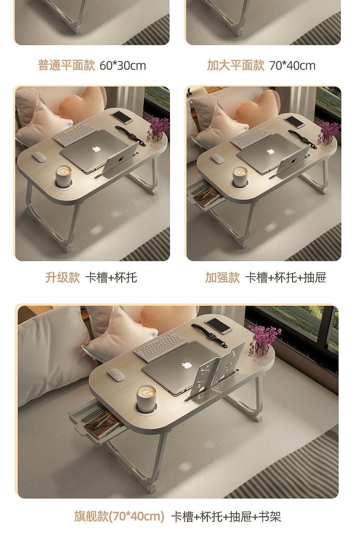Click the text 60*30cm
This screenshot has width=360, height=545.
tap(123, 65)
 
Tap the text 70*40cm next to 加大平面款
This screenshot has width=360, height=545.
tap(292, 65)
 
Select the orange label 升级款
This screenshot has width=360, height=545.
tap(62, 278)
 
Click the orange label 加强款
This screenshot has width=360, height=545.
tap(222, 278)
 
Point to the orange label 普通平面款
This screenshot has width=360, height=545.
tap(67, 65)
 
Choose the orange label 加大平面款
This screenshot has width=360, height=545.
tap(236, 65)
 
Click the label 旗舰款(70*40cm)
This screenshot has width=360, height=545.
tap(119, 516)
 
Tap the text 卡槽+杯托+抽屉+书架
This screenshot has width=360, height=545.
tap(226, 516)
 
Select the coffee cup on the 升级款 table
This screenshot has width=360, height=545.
tap(64, 176)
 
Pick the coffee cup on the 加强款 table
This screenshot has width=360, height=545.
tap(240, 177)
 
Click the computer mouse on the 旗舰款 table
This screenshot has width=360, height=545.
tap(116, 375)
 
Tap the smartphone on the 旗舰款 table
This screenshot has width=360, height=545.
tap(218, 326)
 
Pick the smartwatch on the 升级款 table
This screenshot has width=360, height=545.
tap(131, 135)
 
